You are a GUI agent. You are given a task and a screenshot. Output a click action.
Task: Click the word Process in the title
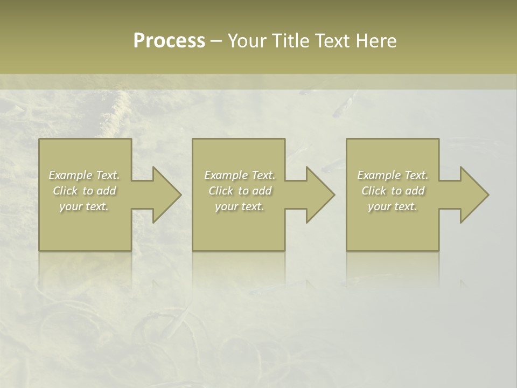169,41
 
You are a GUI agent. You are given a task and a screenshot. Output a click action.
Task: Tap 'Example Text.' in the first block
84,175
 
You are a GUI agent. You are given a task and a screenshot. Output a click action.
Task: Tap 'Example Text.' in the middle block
240,175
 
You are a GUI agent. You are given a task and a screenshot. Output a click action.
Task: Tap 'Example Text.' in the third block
393,175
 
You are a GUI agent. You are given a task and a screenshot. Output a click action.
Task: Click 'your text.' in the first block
84,206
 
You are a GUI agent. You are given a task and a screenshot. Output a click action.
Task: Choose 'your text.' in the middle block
240,206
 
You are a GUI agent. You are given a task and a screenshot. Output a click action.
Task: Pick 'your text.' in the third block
393,206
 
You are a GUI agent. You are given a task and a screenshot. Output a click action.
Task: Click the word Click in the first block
65,191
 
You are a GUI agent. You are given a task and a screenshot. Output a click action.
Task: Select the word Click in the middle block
220,191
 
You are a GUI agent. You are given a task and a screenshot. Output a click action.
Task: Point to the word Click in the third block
373,191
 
